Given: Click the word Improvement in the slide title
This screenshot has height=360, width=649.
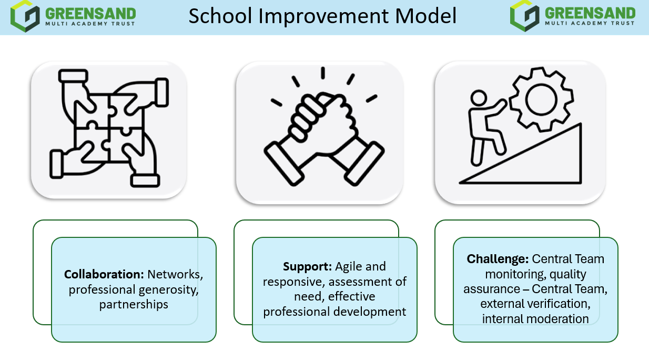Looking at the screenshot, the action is coord(324,16).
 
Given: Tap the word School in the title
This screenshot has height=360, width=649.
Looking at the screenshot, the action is coord(220,16).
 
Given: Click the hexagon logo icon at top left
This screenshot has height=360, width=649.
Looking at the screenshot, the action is coord(25,16).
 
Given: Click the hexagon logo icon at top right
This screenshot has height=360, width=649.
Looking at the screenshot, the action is coord(525,16).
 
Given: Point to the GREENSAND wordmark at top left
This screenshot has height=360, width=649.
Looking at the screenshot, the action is coord(90,14).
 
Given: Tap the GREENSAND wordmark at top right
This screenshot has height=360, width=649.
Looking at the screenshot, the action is coord(590,13).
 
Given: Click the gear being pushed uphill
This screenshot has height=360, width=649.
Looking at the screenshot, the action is coord(541,99).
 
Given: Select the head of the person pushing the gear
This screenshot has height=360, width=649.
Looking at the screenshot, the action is coord(479,98).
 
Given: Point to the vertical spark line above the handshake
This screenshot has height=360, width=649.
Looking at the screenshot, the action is coord(323,73).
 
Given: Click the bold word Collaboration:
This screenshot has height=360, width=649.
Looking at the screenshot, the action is coord(104,274).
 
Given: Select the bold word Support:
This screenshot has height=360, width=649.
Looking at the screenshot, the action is coord(307,267).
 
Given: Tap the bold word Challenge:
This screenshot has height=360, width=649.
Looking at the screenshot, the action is coord(498,259).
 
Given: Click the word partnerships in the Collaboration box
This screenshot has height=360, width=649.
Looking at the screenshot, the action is coord(134,305).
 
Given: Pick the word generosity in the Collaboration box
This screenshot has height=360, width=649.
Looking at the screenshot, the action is coord(168,290).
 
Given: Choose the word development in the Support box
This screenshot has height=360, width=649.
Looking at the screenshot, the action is coord(369,312).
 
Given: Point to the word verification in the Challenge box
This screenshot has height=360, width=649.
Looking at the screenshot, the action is coord(560,304).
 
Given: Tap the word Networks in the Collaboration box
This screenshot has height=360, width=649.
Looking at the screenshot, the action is coord(175,275).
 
